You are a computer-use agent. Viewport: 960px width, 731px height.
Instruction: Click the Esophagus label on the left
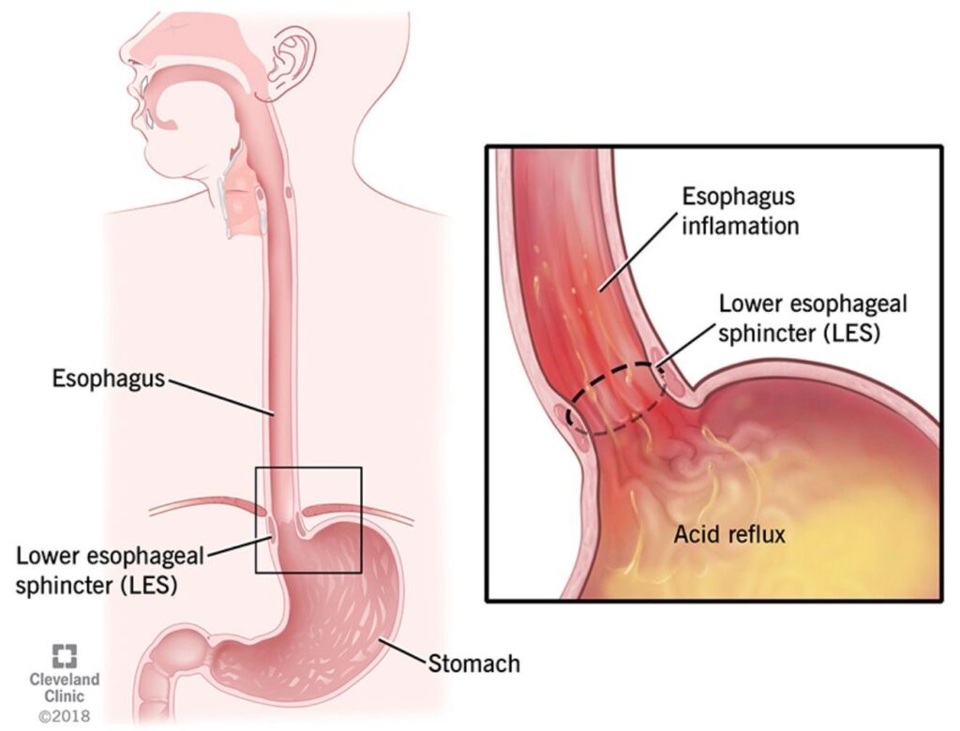click(x=109, y=379)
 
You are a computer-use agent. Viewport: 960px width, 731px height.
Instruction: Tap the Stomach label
click(x=473, y=663)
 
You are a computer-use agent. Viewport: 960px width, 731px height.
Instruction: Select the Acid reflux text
click(x=729, y=534)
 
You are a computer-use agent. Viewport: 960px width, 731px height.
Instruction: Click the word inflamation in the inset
click(x=741, y=226)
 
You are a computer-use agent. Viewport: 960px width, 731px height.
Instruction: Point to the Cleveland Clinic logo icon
click(x=65, y=656)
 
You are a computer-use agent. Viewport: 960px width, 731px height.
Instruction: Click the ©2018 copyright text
click(x=65, y=716)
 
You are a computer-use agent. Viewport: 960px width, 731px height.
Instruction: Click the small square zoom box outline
click(x=255, y=520)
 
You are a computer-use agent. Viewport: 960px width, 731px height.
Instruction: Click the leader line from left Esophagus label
click(x=220, y=397)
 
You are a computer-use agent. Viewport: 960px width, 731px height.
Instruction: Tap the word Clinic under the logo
click(x=65, y=696)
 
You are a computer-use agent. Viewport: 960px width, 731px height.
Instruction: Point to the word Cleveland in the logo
click(x=65, y=679)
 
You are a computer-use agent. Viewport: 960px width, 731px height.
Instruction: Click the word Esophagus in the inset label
click(x=739, y=197)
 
